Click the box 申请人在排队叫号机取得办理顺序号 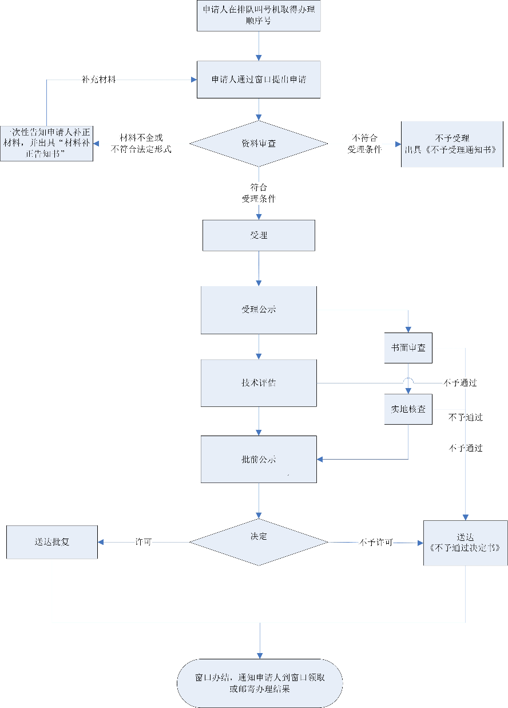(x=259, y=15)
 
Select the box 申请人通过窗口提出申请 (x=259, y=80)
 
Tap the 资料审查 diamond (x=259, y=144)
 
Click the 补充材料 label (x=99, y=80)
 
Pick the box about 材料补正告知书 (x=46, y=143)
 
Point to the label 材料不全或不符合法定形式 (x=141, y=144)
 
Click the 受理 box (x=259, y=235)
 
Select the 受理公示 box (x=259, y=310)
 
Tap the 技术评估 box (x=259, y=383)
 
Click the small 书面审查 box (x=408, y=347)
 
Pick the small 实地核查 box (x=408, y=409)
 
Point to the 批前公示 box (x=259, y=459)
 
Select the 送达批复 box (x=51, y=541)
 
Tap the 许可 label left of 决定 (x=143, y=541)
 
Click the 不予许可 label (x=376, y=542)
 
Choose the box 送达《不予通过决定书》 (x=465, y=542)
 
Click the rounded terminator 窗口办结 (x=260, y=683)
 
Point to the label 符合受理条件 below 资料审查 (x=259, y=193)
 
